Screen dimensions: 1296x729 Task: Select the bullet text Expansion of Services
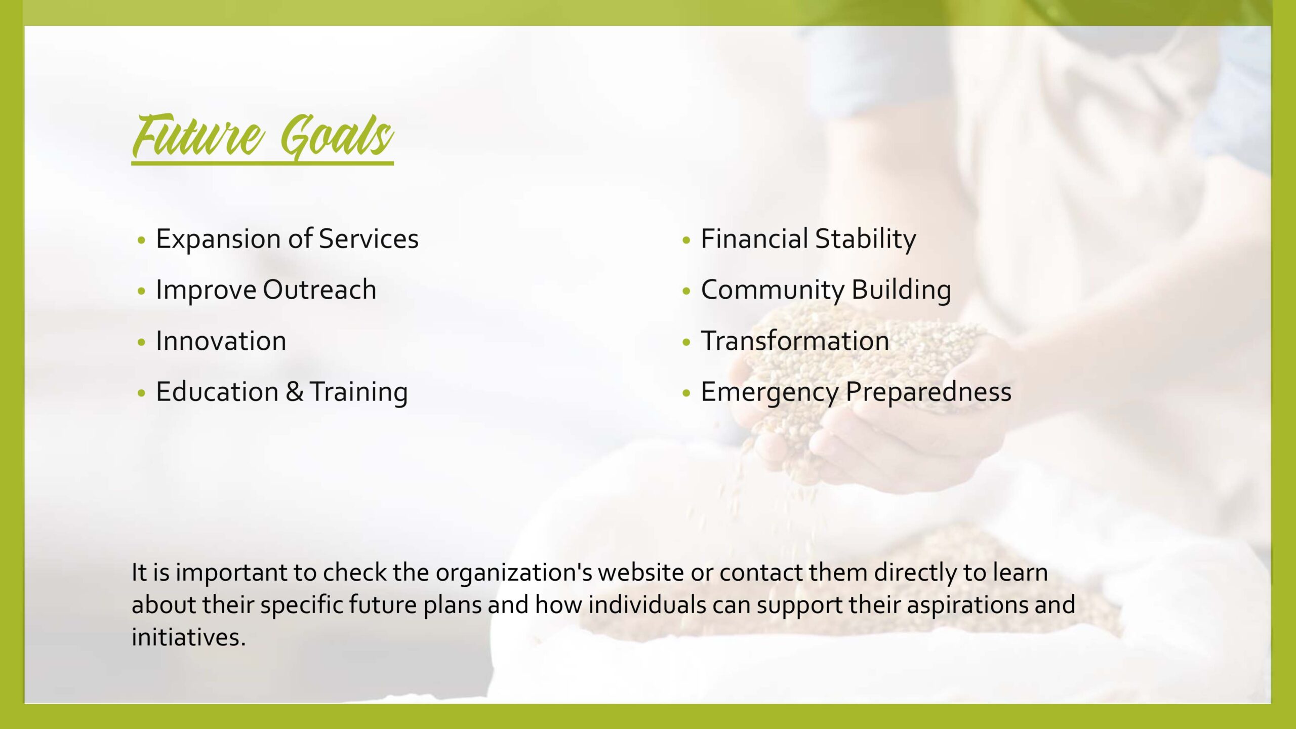click(287, 239)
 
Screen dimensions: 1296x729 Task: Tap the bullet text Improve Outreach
click(266, 291)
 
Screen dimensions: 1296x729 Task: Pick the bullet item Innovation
click(221, 340)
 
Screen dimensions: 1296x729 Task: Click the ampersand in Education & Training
click(294, 392)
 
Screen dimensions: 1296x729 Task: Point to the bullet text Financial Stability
click(808, 239)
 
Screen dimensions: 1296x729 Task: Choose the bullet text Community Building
click(826, 291)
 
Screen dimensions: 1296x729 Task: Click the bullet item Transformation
click(795, 340)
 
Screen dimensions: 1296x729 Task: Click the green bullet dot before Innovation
click(142, 343)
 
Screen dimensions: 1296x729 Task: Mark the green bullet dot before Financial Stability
click(686, 240)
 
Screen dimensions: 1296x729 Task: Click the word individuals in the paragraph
click(647, 605)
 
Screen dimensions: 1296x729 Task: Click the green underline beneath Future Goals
click(262, 163)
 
